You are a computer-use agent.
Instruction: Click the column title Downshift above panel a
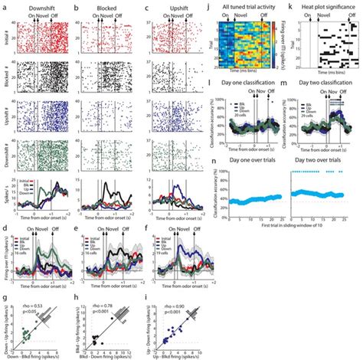coord(45,5)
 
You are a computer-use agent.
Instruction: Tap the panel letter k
coord(291,5)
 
